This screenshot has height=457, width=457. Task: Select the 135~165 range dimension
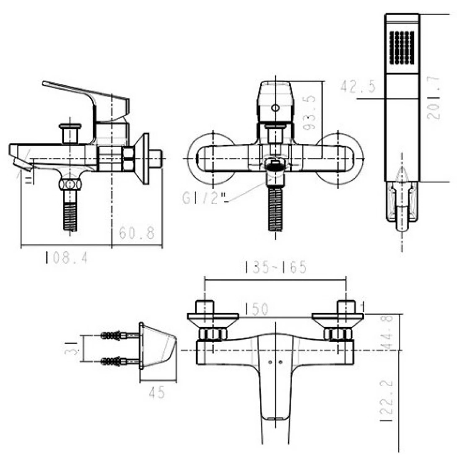pyautogui.click(x=275, y=267)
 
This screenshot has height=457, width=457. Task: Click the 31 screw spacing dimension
pyautogui.click(x=73, y=348)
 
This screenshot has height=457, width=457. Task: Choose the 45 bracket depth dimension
pyautogui.click(x=156, y=393)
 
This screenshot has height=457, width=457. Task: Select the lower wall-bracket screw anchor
pyautogui.click(x=114, y=360)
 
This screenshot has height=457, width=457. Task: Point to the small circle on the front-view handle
pyautogui.click(x=275, y=108)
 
